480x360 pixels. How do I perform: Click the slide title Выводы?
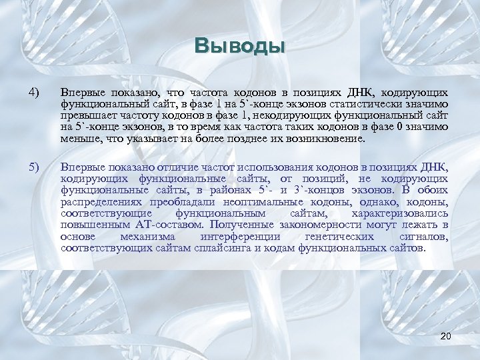240,47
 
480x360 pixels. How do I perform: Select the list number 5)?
35,167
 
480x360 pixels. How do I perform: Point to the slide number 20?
447,335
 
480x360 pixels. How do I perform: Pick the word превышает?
87,116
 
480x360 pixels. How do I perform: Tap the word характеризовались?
400,214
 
